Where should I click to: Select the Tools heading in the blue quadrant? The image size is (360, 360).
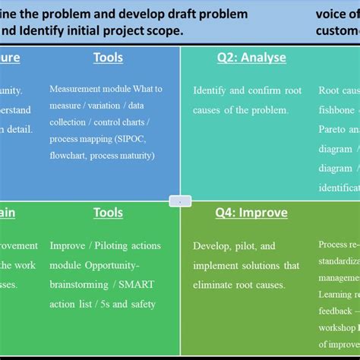tap(108, 58)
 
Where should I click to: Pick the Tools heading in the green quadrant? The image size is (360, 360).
tap(108, 213)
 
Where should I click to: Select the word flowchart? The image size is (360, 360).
tap(71, 156)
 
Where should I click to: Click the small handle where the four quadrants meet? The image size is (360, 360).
tap(180, 201)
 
